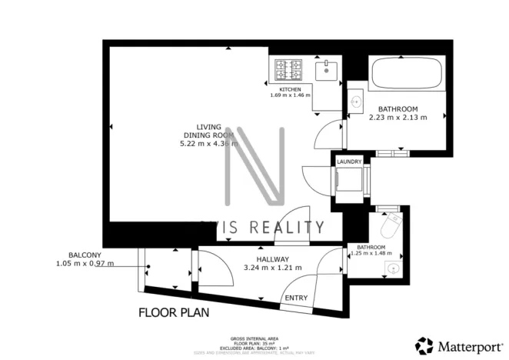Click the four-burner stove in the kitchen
pos(288,69)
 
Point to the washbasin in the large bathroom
pos(356,101)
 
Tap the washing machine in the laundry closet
pos(351,182)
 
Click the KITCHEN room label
pos(290,89)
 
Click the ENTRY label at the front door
pos(296,298)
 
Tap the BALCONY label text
pos(85,255)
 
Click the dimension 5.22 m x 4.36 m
pos(208,143)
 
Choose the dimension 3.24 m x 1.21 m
pos(272,268)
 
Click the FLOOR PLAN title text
pos(174,313)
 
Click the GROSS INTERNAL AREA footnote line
pos(254,338)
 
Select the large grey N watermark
pos(254,166)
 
